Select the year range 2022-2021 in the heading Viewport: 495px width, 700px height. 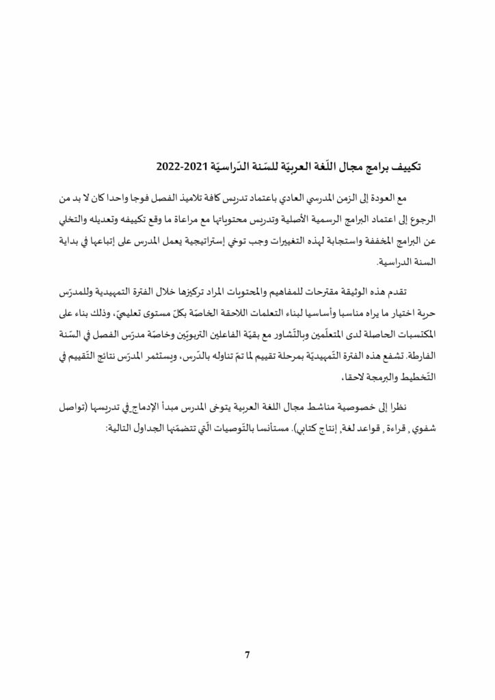[x=183, y=165]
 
